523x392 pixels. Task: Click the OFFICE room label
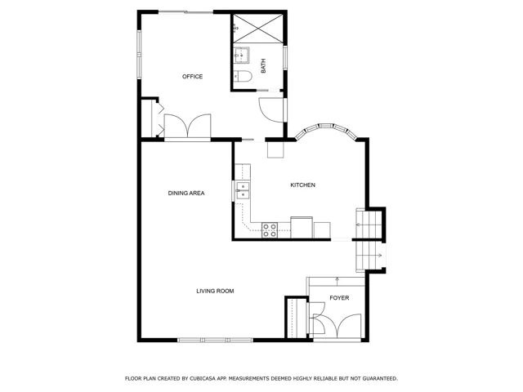[x=193, y=76]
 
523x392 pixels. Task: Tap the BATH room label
[x=263, y=65]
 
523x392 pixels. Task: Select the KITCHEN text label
[x=303, y=185]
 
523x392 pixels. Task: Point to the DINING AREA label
[x=186, y=193]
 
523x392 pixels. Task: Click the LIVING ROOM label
[x=215, y=291]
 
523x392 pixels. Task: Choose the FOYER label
[x=339, y=298]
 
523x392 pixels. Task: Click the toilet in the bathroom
[x=243, y=76]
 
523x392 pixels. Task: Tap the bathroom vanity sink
[x=241, y=55]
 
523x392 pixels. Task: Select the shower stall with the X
[x=258, y=29]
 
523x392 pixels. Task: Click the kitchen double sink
[x=243, y=190]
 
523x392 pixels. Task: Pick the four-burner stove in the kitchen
[x=270, y=230]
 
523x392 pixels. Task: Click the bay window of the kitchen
[x=326, y=129]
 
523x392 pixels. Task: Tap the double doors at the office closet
[x=187, y=126]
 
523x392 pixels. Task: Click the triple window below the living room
[x=215, y=340]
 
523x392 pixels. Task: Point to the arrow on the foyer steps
[x=337, y=281]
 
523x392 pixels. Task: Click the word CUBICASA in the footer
[x=202, y=379]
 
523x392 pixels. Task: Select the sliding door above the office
[x=186, y=12]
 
